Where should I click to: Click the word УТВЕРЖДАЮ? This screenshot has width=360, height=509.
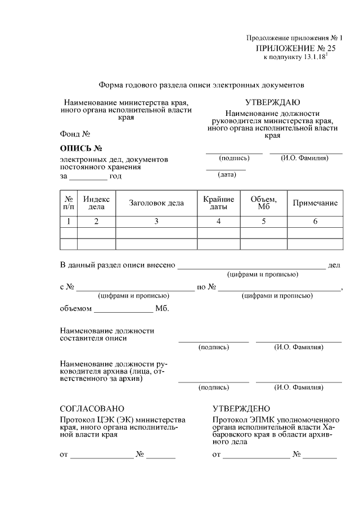pos(272,102)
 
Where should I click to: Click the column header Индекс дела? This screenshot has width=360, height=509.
pos(96,203)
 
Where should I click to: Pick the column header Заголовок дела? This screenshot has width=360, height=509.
pos(156,203)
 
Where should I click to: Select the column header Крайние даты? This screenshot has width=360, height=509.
pos(218,203)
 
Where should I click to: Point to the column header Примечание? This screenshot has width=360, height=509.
pos(315,203)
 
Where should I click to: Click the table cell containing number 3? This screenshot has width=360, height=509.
pos(156,222)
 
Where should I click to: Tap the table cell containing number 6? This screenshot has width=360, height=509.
pos(315,222)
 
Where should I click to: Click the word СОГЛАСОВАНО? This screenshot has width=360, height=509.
pos(92,408)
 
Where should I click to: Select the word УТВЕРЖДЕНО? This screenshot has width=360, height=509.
pos(241,408)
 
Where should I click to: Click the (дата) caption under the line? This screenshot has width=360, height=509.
pos(226,175)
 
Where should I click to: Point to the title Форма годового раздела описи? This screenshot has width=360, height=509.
pos(201,85)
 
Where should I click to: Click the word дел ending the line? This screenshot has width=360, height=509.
pos(334,265)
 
